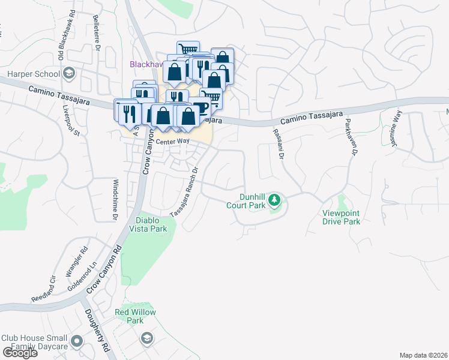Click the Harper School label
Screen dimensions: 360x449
point(33,74)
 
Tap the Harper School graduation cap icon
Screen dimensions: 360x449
point(69,74)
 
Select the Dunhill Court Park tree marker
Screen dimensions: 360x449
point(274,199)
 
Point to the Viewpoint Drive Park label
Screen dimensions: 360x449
point(341,217)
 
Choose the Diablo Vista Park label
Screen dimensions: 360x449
point(148,224)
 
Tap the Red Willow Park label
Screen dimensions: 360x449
point(135,316)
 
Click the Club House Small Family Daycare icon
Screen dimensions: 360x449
point(76,342)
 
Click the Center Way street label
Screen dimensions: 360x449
point(172,142)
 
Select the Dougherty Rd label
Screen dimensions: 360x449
point(96,329)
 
